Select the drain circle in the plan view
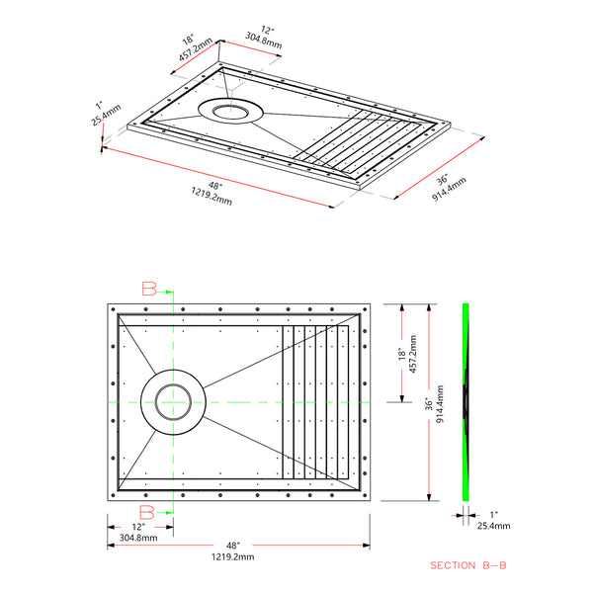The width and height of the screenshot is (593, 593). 173,402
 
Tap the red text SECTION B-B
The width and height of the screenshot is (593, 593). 468,566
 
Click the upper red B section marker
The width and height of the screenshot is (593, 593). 149,289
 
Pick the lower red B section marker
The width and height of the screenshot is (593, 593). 147,511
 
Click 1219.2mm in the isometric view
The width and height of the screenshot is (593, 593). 209,201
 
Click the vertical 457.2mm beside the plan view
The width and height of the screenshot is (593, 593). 413,358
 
